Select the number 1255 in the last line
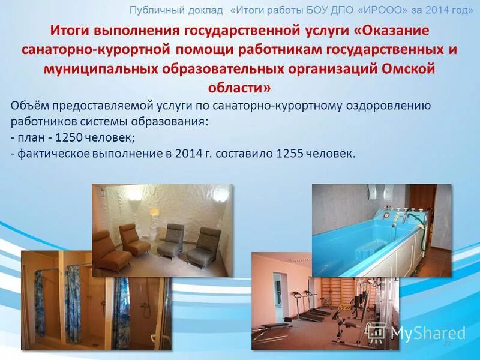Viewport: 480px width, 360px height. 289,153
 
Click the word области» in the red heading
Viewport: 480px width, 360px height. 239,88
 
